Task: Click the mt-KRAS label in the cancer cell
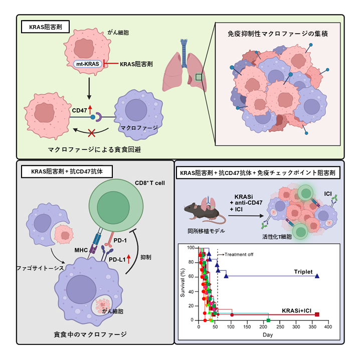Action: click(88, 64)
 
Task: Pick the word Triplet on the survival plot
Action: click(303, 272)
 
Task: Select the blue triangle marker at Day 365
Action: click(317, 276)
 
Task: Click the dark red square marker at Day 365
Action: click(317, 315)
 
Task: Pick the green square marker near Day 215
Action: click(268, 320)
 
